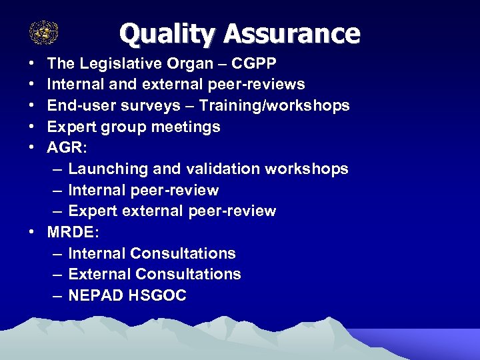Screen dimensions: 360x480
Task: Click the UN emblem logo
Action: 44,32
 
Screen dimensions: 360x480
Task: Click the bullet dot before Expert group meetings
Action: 32,127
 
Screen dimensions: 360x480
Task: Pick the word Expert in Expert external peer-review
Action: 92,211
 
